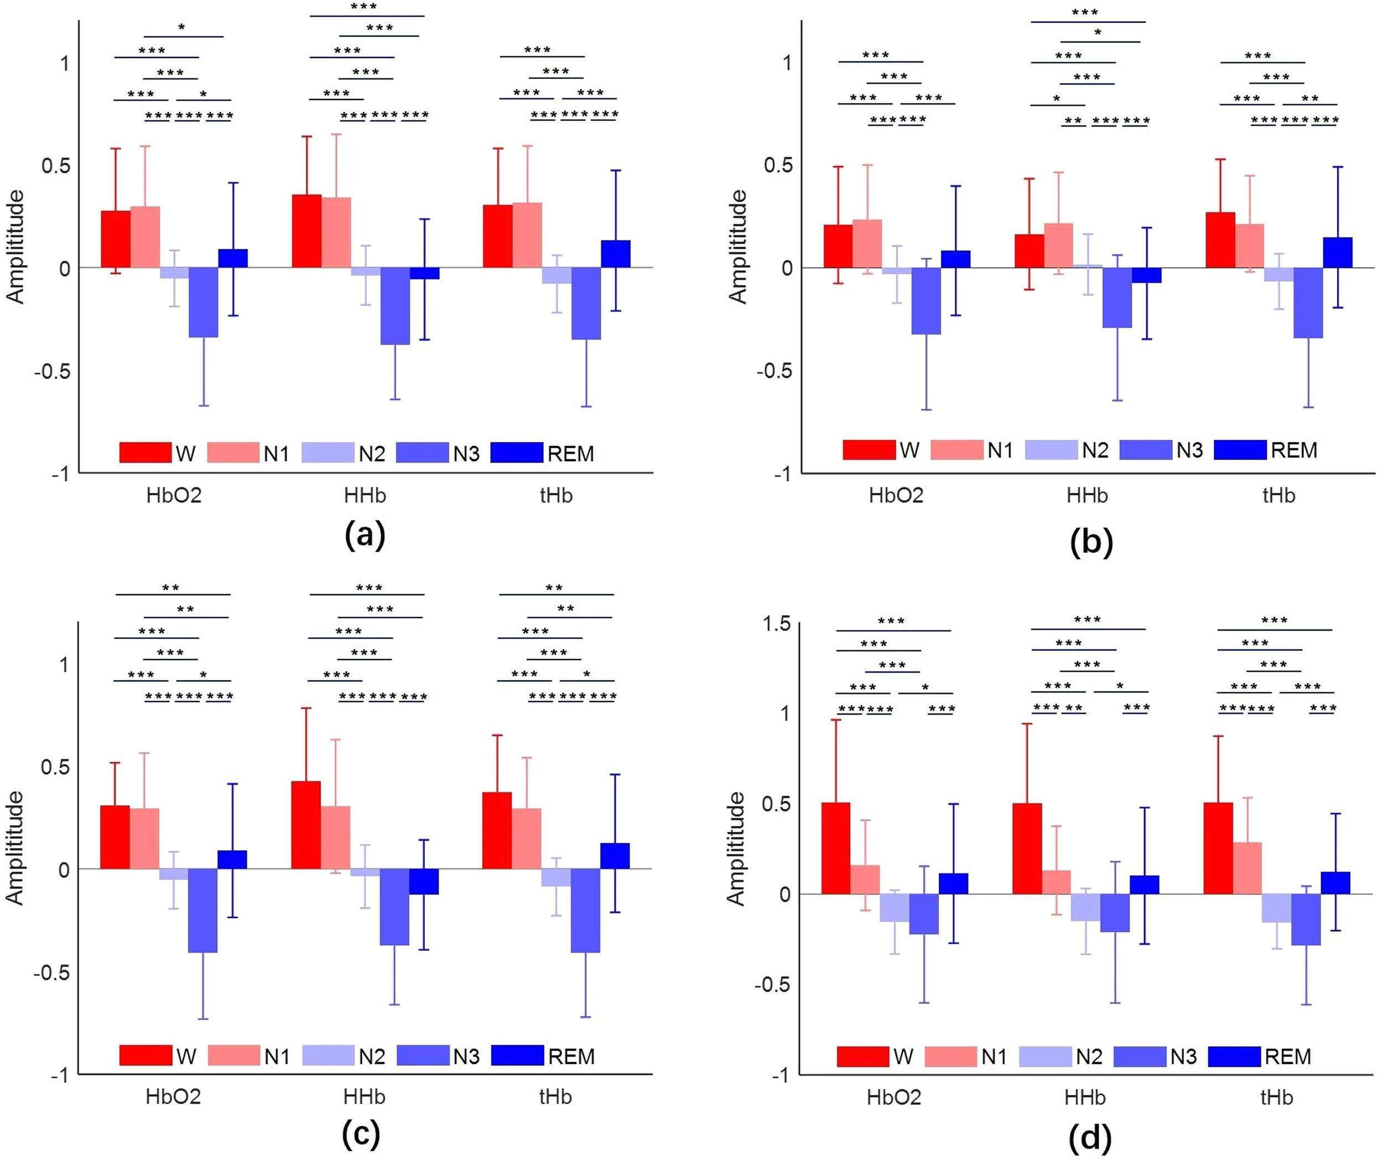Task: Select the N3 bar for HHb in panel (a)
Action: [x=395, y=306]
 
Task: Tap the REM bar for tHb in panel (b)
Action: [x=1338, y=253]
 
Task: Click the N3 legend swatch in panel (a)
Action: [x=423, y=453]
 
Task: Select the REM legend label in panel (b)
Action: [x=1293, y=450]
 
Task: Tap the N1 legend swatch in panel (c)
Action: [x=234, y=1056]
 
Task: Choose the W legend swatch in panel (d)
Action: [x=863, y=1056]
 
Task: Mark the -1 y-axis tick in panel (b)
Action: [x=781, y=474]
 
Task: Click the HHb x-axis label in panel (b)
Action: [x=1086, y=496]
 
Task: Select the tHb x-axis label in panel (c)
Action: [x=555, y=1097]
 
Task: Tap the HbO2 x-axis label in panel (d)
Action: [x=893, y=1097]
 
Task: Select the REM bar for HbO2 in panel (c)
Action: [x=232, y=859]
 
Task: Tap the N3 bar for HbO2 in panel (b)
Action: [x=926, y=301]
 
